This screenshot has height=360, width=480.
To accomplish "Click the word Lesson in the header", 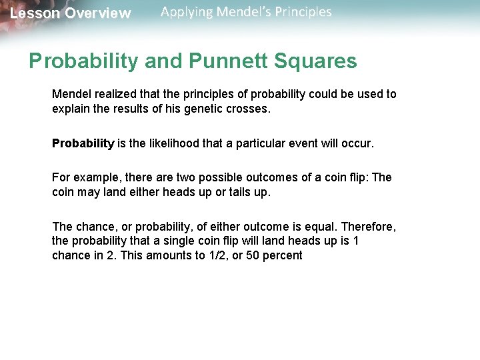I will click(35, 13).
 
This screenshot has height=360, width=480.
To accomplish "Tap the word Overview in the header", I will click(98, 13).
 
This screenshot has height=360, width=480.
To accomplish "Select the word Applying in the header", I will click(186, 12).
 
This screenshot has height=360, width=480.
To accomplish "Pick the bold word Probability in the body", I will click(83, 144).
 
